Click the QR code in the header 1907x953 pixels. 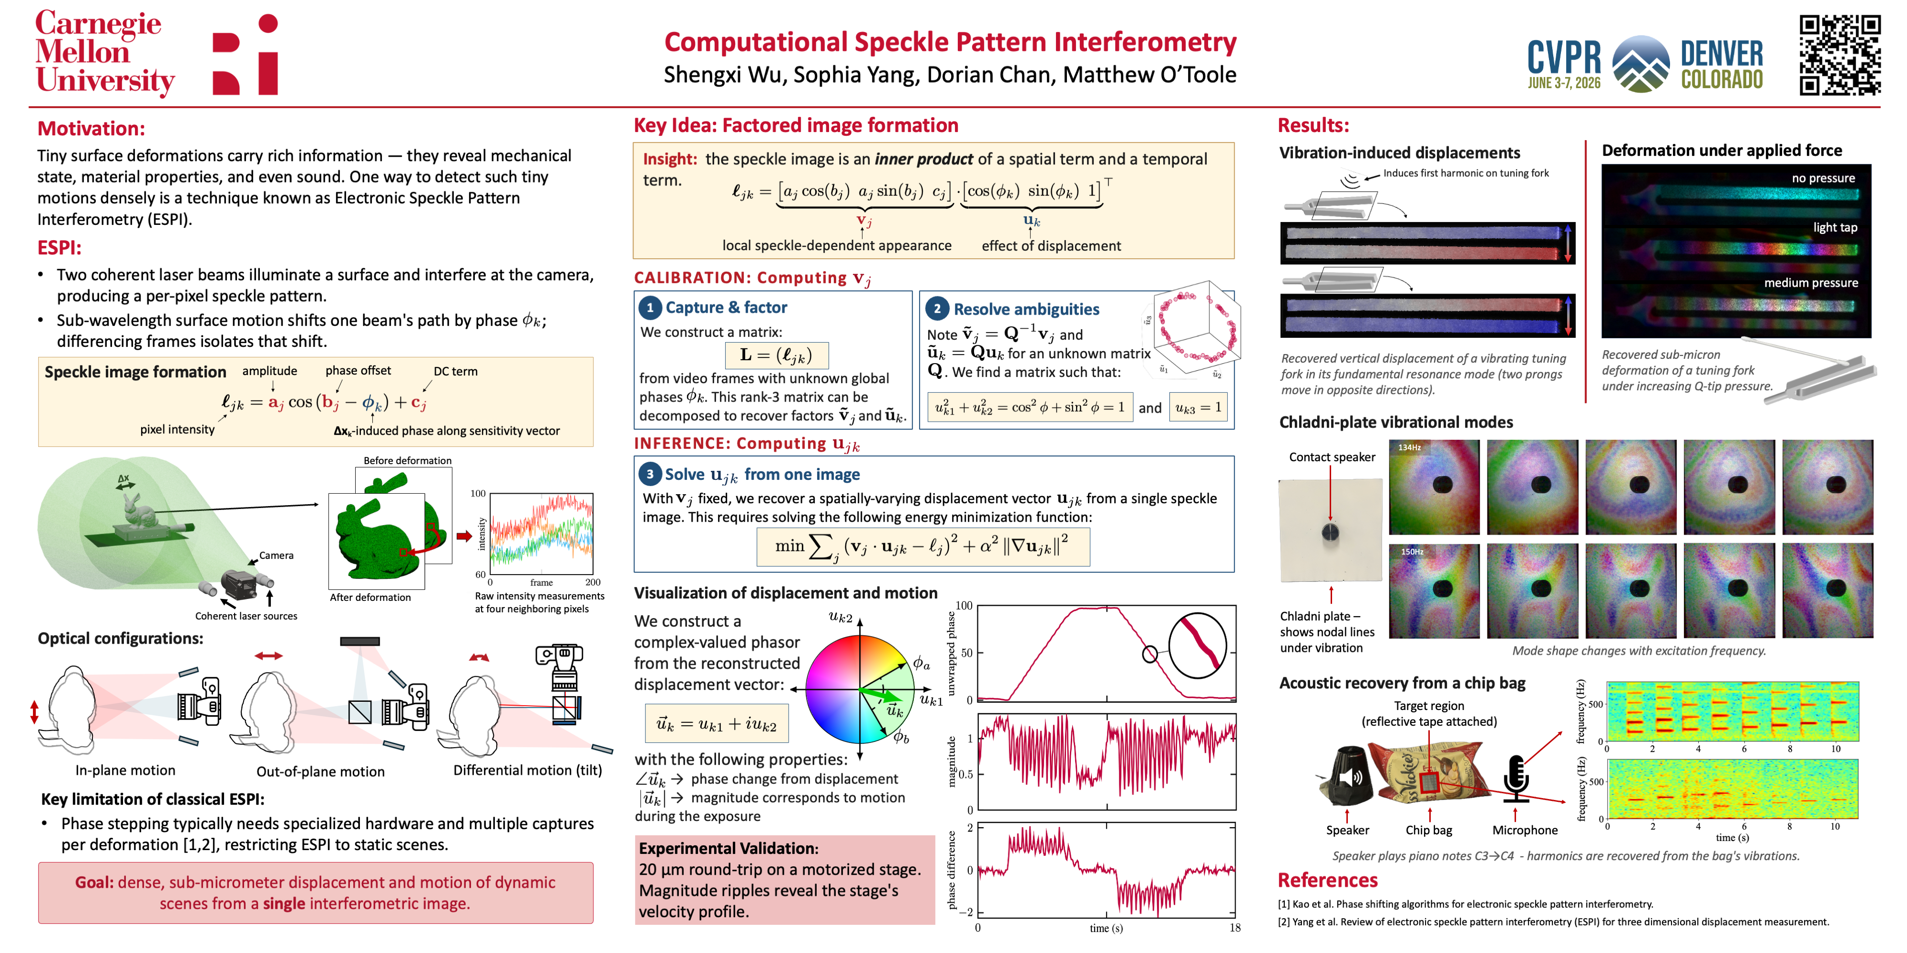click(x=1840, y=55)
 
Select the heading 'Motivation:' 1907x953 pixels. click(x=91, y=129)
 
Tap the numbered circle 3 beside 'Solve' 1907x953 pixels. click(x=649, y=474)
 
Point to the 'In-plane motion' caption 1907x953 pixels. click(x=125, y=770)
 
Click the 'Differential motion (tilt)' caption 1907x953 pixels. click(x=527, y=770)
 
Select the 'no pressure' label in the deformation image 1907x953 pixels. click(x=1824, y=178)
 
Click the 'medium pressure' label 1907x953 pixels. click(x=1811, y=283)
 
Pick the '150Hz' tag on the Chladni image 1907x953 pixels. click(x=1412, y=552)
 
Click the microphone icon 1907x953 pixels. click(x=1516, y=779)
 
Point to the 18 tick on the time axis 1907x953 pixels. click(x=1235, y=928)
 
